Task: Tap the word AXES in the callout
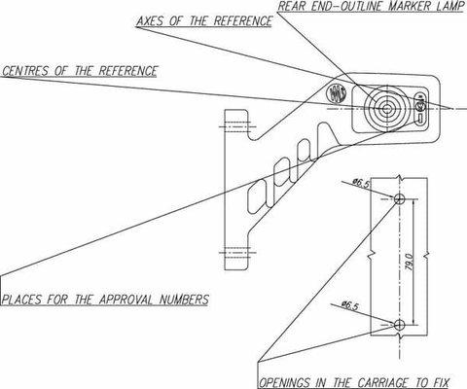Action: [x=150, y=21]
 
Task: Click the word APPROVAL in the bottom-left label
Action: [x=126, y=300]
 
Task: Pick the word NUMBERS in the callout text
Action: [x=184, y=300]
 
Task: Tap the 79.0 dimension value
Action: [x=410, y=262]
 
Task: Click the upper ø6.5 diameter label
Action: [x=361, y=184]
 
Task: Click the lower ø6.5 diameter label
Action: [x=350, y=305]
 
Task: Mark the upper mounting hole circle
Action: [x=400, y=198]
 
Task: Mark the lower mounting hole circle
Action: [x=400, y=324]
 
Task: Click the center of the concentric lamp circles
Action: [x=385, y=109]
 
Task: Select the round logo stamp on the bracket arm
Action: [x=336, y=93]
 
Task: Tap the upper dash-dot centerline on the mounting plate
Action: [x=237, y=126]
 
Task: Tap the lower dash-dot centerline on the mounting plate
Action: [x=237, y=252]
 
